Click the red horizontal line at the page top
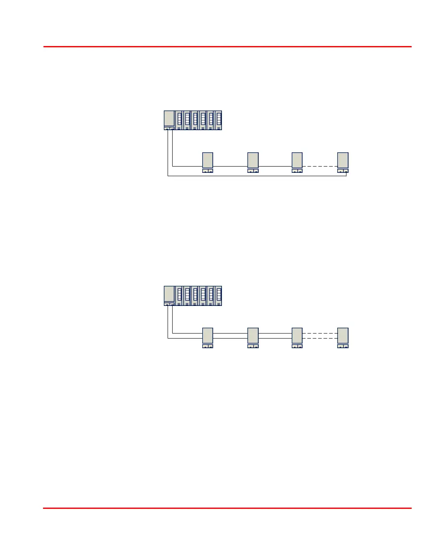pos(227,46)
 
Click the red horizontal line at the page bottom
pos(227,508)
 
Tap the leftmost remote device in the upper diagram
pos(208,160)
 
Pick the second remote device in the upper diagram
pos(253,160)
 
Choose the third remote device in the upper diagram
pos(297,160)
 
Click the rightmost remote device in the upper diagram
pos(343,160)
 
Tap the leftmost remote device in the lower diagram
pos(208,336)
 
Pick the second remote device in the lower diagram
pos(253,336)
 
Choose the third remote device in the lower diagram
pos(297,336)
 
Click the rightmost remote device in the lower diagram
pos(343,336)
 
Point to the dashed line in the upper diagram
pos(320,166)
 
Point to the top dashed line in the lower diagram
pos(320,333)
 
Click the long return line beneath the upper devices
pos(257,176)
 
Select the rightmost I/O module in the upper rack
pos(219,120)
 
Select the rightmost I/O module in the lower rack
pos(219,295)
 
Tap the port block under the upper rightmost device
pos(343,171)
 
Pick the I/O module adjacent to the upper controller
pos(179,120)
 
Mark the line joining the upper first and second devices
pos(230,166)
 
